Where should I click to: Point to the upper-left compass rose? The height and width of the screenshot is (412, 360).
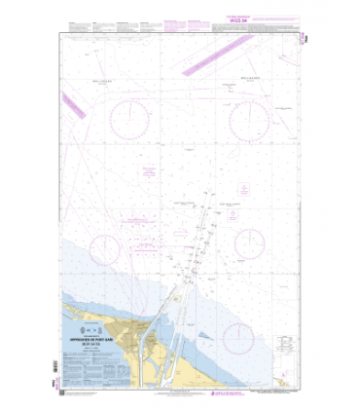coord(129,120)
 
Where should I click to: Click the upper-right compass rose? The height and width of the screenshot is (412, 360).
coord(250,119)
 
